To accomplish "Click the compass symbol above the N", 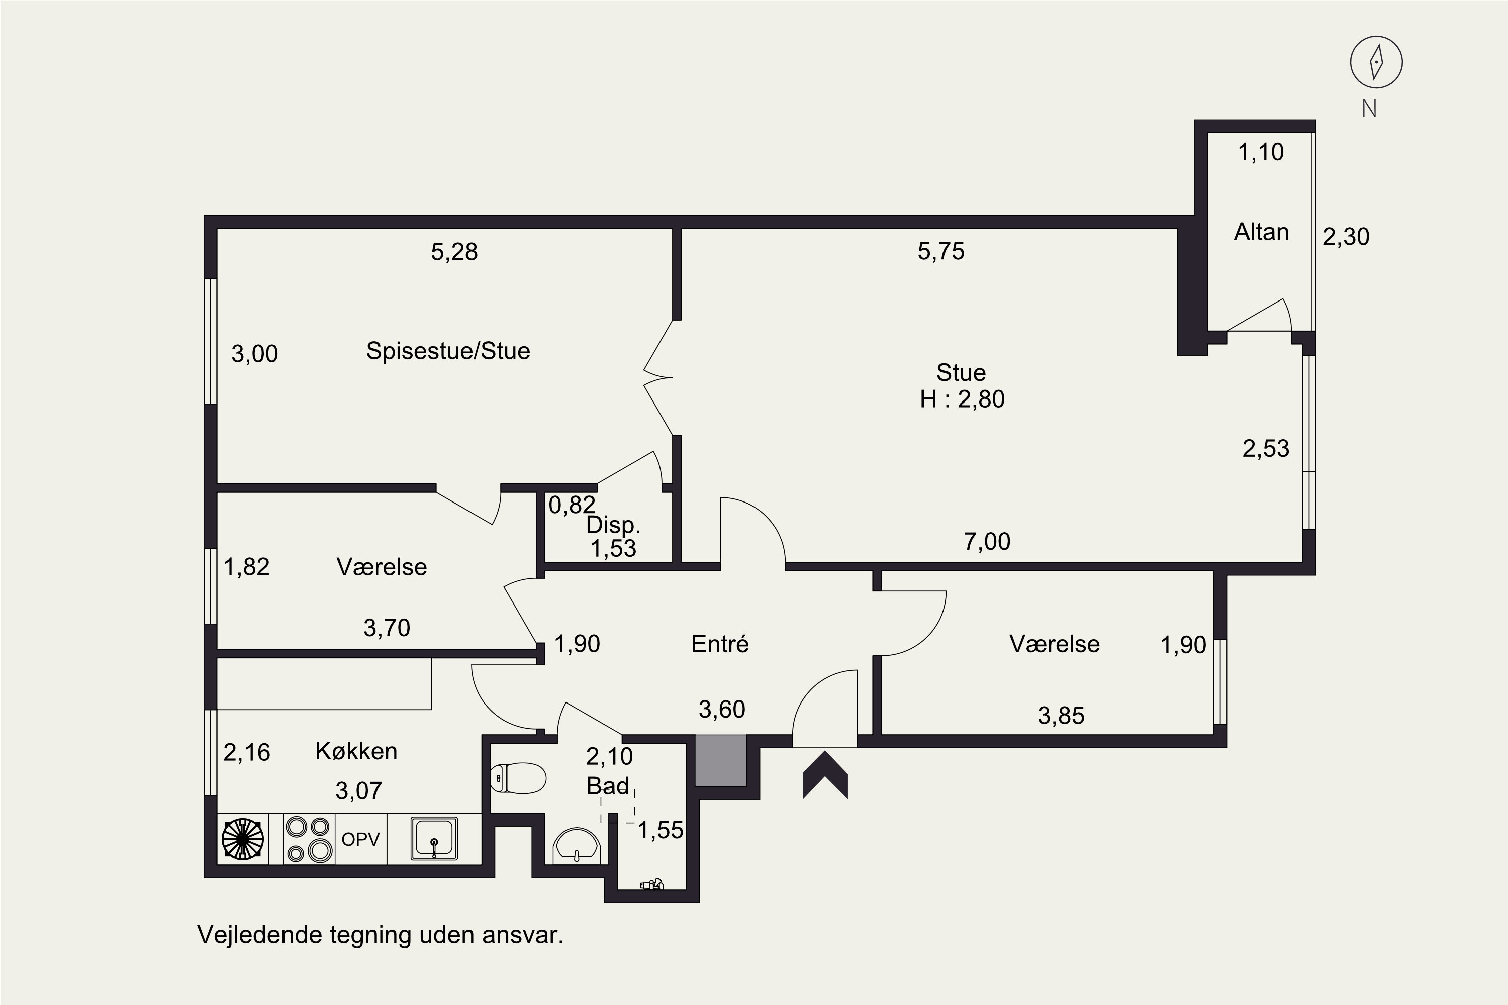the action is (x=1376, y=62).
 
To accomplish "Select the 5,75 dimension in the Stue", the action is (x=940, y=251).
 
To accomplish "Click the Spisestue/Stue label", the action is (x=448, y=351).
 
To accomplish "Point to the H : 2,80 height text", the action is (x=962, y=399).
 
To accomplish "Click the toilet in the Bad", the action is (x=518, y=778).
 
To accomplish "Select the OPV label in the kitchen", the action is (x=360, y=839).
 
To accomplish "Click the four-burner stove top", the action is (x=309, y=838).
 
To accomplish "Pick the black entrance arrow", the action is (x=825, y=775).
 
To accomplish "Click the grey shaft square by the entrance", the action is (x=721, y=760).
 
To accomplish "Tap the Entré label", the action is (x=719, y=644).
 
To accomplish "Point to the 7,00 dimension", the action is (x=987, y=542).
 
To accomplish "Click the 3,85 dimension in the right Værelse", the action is (x=1061, y=715).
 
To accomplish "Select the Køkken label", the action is (x=356, y=751).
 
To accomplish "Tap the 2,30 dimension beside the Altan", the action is (x=1346, y=237).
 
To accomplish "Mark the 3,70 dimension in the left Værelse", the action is (x=387, y=628).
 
